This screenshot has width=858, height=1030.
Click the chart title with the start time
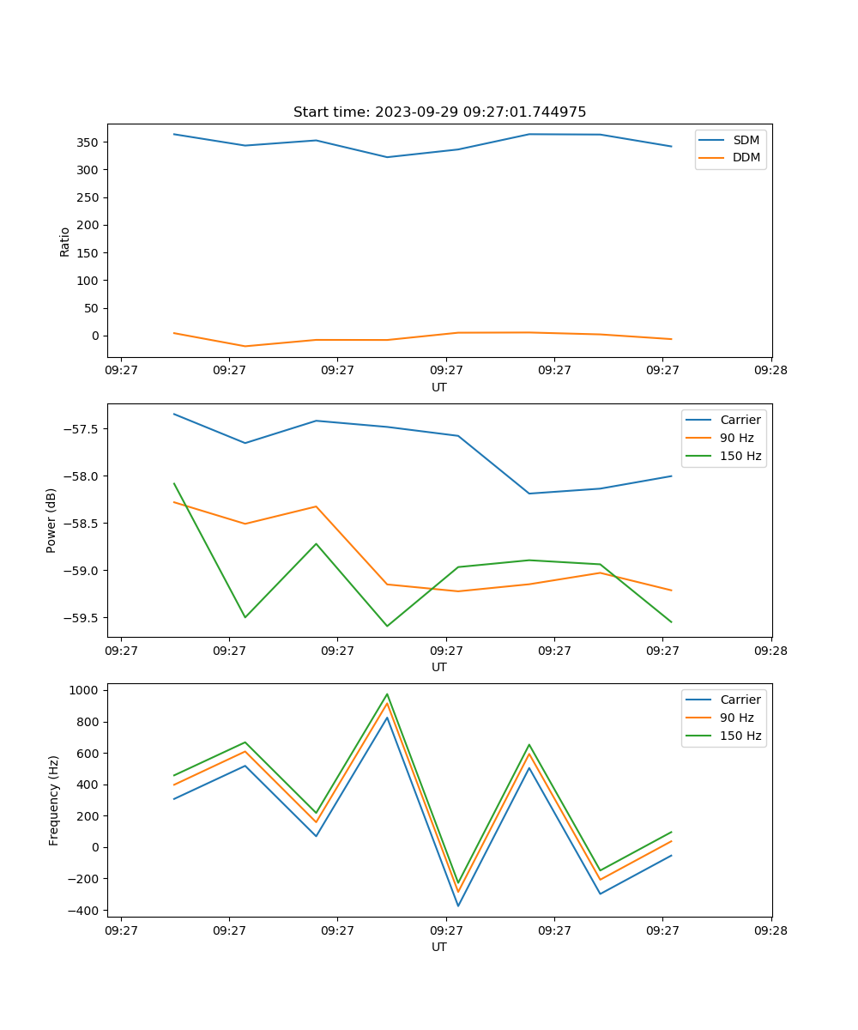point(439,112)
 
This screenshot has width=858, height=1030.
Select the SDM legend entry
point(746,140)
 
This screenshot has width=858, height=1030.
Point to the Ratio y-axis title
point(65,242)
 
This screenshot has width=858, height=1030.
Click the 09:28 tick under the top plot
point(771,371)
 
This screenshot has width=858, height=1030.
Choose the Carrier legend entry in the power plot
point(740,420)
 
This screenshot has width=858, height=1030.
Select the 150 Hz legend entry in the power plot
point(740,456)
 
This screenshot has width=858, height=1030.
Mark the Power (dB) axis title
point(51,520)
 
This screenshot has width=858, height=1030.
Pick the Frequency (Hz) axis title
point(54,800)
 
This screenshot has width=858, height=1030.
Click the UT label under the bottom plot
point(439,947)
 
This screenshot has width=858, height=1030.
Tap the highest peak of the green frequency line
point(387,694)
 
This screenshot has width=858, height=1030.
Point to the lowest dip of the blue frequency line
point(458,906)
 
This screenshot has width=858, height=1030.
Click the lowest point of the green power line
point(387,626)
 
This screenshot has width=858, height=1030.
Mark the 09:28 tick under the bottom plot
point(771,930)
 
